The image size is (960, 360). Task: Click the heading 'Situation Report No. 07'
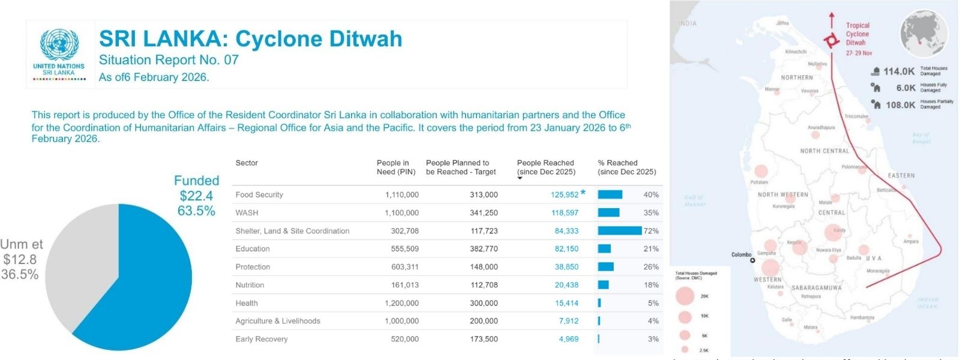coord(169,60)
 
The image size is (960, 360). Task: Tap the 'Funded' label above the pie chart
coord(196,181)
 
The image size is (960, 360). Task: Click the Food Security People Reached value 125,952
coord(565,194)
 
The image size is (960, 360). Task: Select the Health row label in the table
coord(247,303)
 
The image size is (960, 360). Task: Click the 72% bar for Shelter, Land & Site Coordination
coord(619,230)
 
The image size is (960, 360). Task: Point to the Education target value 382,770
coord(484,248)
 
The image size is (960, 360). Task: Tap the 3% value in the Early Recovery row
coord(653,339)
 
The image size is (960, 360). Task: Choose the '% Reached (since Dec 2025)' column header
coord(626,167)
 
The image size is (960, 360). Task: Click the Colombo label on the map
coord(741,254)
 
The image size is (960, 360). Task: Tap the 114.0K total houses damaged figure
coord(899,71)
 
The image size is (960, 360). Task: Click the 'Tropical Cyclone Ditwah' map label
coord(857,34)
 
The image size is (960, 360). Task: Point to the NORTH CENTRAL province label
coord(824,151)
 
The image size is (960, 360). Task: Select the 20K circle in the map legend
coord(685,296)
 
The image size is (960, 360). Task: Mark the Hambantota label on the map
coord(862,317)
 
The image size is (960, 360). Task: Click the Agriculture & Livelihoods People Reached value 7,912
coord(568,321)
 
